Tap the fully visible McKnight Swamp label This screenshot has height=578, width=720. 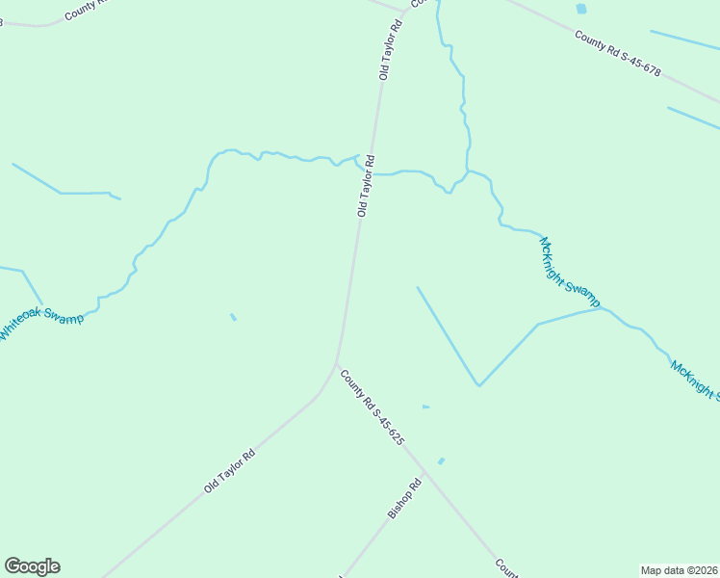click(570, 268)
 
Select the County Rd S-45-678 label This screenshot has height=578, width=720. click(618, 53)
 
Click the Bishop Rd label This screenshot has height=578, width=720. click(405, 499)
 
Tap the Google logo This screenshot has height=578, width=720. click(32, 566)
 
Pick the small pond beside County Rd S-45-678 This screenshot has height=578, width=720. click(580, 10)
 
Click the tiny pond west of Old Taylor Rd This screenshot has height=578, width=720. click(233, 316)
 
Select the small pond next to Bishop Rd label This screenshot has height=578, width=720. click(441, 461)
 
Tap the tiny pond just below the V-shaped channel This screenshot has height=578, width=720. click(425, 407)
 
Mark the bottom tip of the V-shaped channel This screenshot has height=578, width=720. click(478, 385)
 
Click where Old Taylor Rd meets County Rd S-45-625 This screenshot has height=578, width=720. click(336, 365)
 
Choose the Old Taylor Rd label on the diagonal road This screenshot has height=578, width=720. click(229, 472)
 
